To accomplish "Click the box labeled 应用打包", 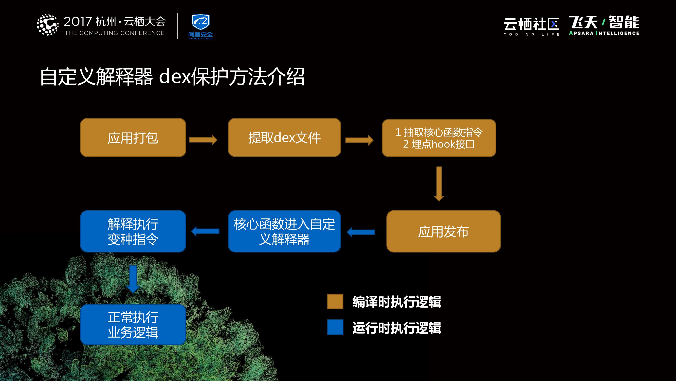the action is pyautogui.click(x=133, y=137).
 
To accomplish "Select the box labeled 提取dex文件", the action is pyautogui.click(x=284, y=137).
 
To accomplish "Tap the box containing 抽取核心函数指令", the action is pyautogui.click(x=439, y=138).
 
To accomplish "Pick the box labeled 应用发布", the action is pyautogui.click(x=443, y=231).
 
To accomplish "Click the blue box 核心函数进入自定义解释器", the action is pyautogui.click(x=284, y=231).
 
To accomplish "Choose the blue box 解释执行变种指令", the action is pyautogui.click(x=133, y=231).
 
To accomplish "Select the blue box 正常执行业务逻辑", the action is pyautogui.click(x=133, y=324).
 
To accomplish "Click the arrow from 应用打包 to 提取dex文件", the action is pyautogui.click(x=203, y=140).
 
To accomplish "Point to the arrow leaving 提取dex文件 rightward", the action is pyautogui.click(x=359, y=140).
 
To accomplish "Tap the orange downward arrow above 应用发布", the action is pyautogui.click(x=439, y=184).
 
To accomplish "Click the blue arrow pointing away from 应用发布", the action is pyautogui.click(x=361, y=232).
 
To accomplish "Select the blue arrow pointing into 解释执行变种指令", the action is pyautogui.click(x=205, y=231).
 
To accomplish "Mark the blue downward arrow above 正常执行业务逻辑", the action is pyautogui.click(x=133, y=279).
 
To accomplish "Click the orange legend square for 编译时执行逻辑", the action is pyautogui.click(x=335, y=301).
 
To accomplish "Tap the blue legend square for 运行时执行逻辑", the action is pyautogui.click(x=335, y=327).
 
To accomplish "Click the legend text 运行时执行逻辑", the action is pyautogui.click(x=396, y=328).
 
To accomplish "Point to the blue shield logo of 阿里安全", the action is pyautogui.click(x=200, y=22).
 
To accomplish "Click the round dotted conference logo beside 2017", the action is pyautogui.click(x=47, y=25).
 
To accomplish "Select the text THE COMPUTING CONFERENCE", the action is pyautogui.click(x=114, y=33).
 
